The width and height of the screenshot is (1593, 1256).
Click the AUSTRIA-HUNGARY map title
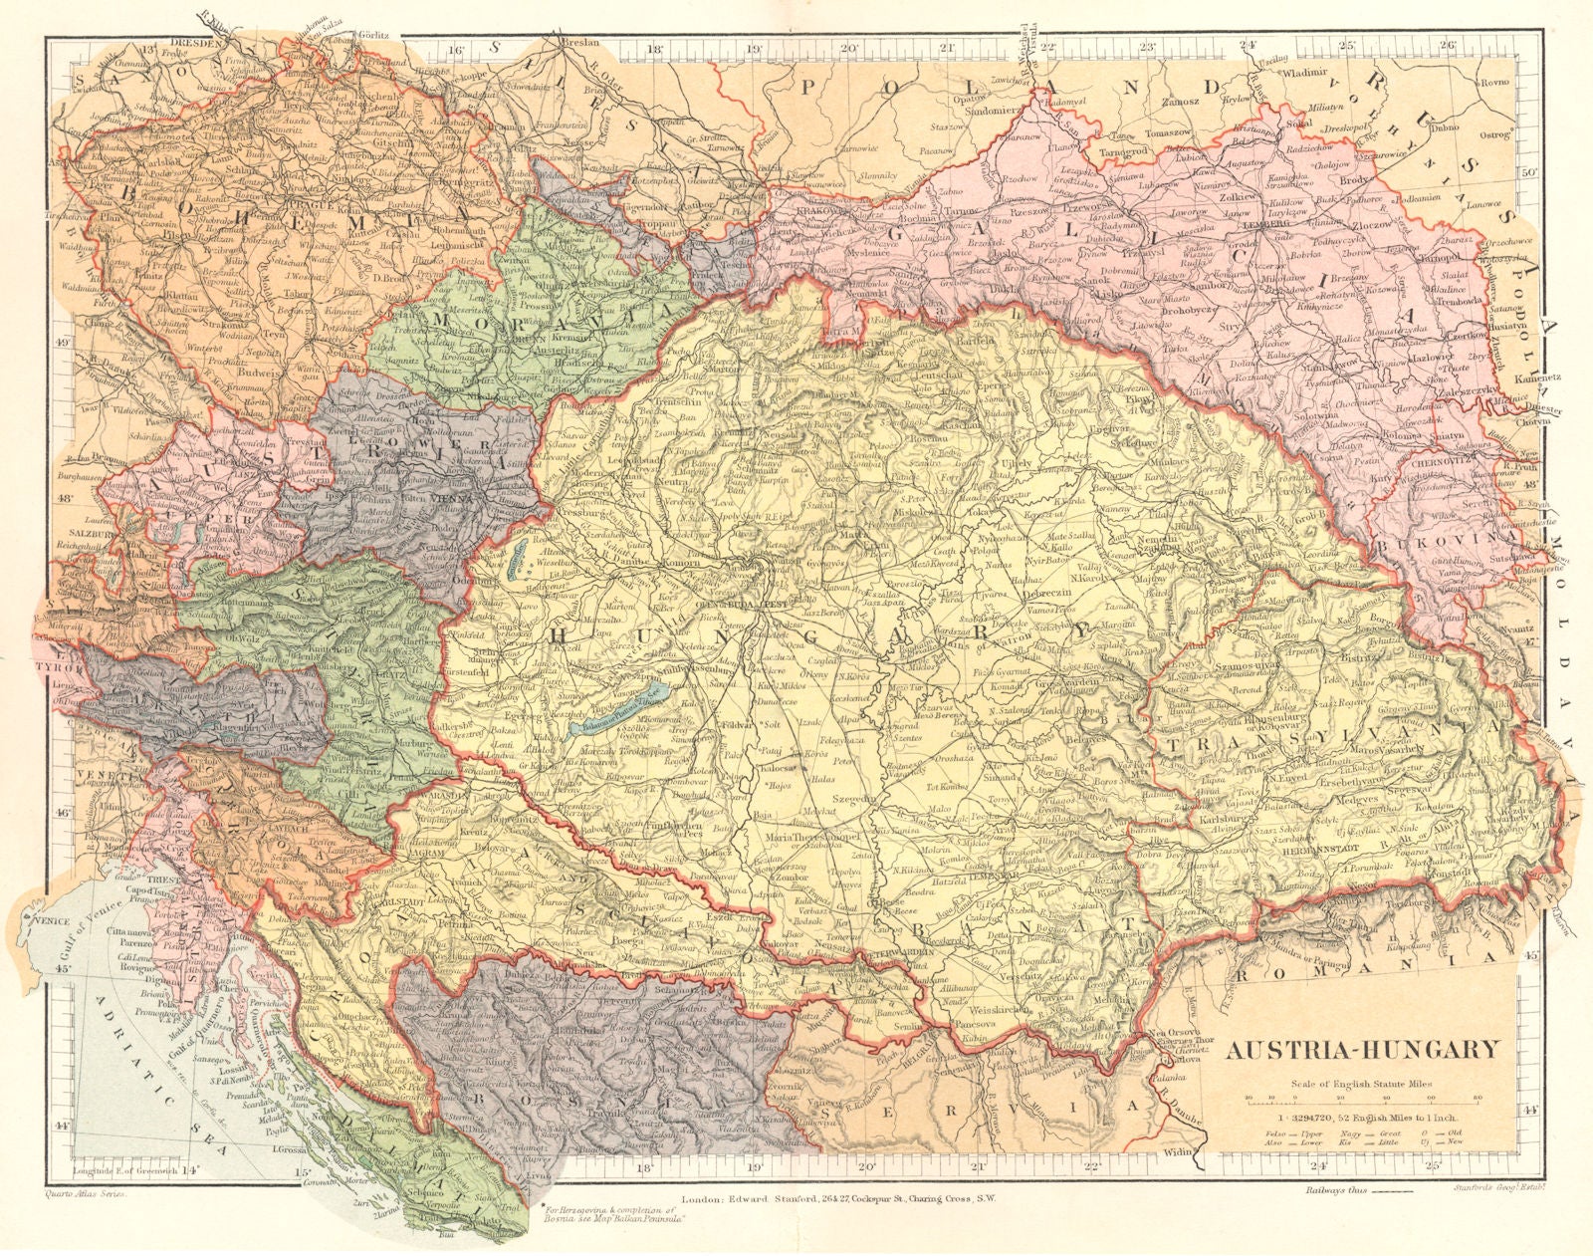tap(1361, 1049)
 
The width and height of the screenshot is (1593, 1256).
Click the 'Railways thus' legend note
tap(1339, 1191)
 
